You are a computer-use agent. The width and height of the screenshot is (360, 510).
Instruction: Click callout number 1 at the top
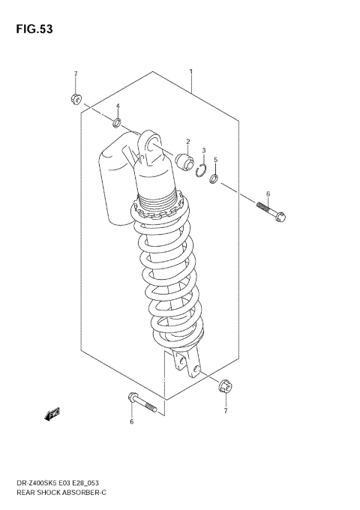click(191, 73)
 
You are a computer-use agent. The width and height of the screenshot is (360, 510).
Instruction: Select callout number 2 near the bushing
click(187, 141)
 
